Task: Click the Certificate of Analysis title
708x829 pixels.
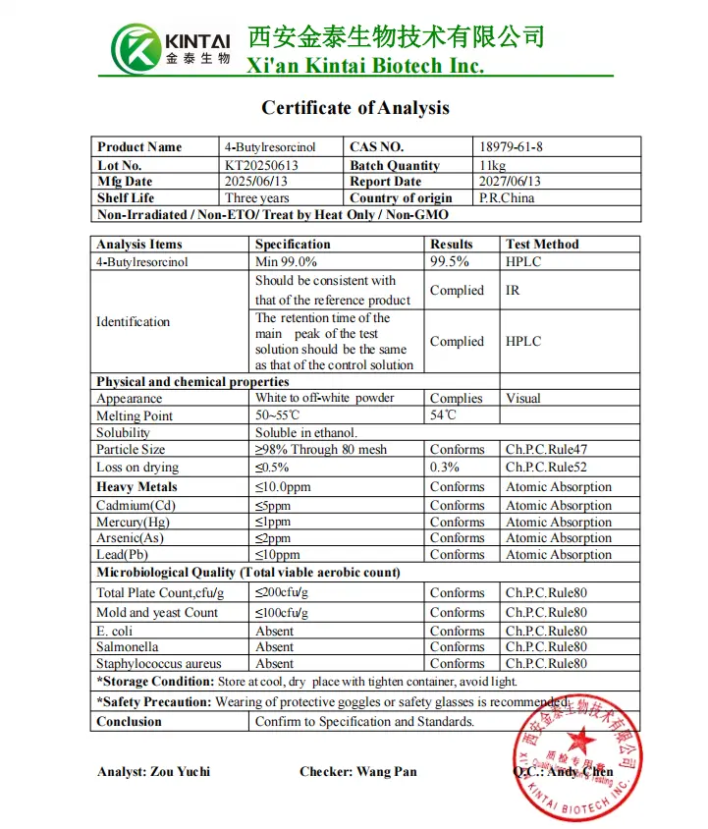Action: (354, 108)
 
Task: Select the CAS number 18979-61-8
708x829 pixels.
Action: (510, 147)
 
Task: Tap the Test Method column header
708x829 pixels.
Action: (542, 245)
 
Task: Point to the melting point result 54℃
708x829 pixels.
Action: (443, 415)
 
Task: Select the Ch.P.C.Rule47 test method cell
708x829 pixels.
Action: (546, 450)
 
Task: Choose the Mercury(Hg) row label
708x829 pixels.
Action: (134, 523)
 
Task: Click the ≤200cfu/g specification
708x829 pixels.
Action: (282, 593)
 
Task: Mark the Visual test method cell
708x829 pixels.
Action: (522, 399)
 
